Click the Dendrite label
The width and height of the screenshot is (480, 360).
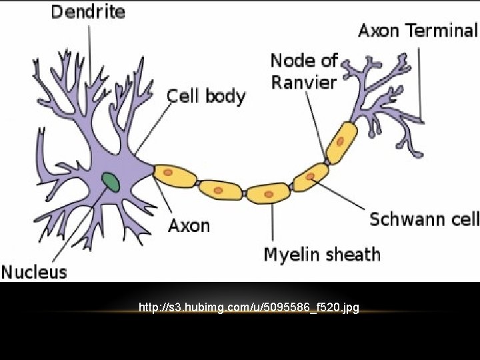click(88, 12)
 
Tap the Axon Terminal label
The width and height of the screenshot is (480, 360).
click(418, 30)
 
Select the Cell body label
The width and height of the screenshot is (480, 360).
click(206, 96)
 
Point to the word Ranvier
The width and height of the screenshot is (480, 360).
click(303, 82)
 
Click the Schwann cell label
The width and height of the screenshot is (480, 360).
click(424, 219)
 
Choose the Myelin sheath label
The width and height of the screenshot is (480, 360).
click(322, 254)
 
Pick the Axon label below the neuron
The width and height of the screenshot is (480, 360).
click(189, 225)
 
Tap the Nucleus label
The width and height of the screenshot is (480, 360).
click(34, 271)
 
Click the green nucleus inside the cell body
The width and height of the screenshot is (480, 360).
click(110, 181)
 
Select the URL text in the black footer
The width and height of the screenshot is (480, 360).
click(249, 307)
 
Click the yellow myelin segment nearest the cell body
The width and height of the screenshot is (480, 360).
click(175, 175)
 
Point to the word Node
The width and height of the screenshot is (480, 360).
click(291, 61)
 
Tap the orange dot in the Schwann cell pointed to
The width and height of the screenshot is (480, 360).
click(311, 176)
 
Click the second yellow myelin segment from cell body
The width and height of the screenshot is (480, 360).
click(220, 190)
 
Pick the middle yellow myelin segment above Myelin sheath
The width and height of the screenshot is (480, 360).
click(269, 193)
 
